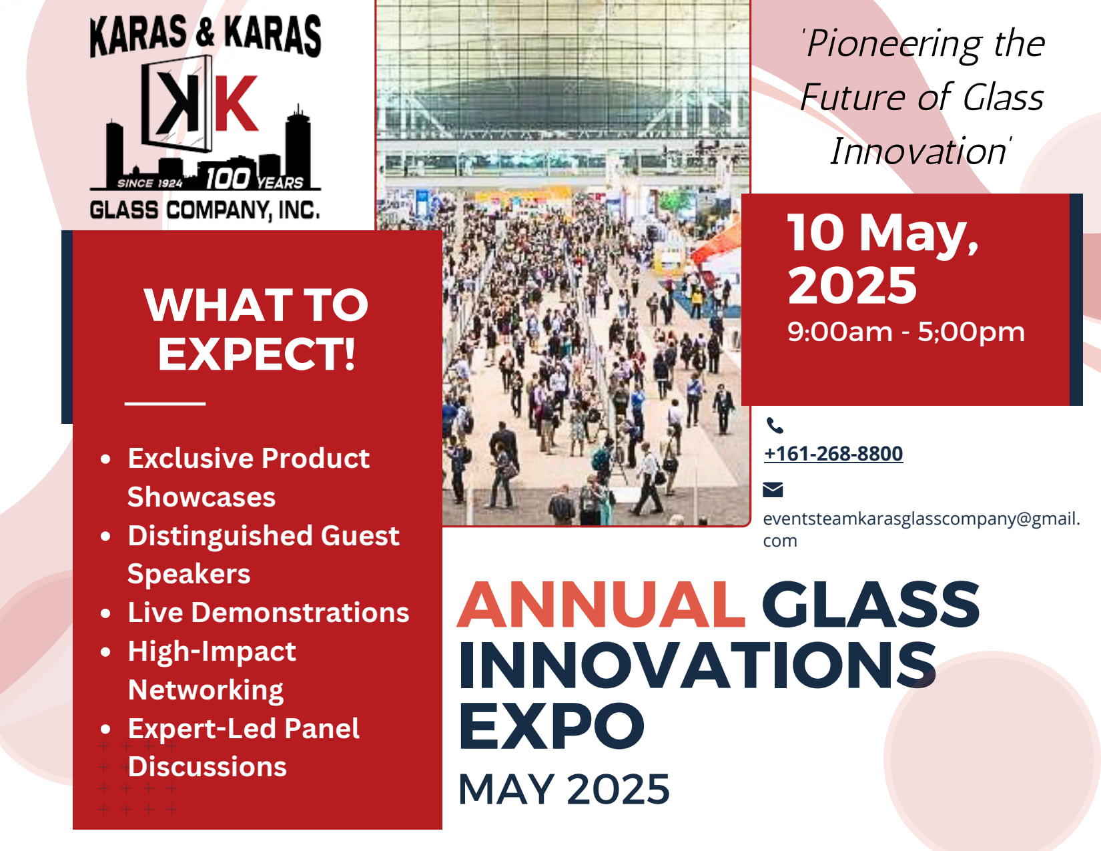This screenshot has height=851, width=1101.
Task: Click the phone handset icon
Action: [775, 425]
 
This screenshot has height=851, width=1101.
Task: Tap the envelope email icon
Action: [773, 490]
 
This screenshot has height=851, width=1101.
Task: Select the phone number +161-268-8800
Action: [833, 453]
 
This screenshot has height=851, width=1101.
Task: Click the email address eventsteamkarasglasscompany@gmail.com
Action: [922, 529]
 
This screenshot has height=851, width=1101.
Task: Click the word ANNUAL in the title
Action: [601, 605]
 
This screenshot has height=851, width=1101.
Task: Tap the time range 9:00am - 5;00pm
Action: [906, 332]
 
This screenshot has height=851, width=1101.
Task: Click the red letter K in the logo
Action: [236, 103]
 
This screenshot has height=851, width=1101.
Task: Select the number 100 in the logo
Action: [228, 178]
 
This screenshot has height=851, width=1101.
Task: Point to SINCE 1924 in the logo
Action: [150, 183]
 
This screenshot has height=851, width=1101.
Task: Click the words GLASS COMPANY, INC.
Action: [205, 210]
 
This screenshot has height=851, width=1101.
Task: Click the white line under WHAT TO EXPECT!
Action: [165, 403]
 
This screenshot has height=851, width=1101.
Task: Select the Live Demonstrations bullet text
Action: [268, 612]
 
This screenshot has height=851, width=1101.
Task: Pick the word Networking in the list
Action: [206, 690]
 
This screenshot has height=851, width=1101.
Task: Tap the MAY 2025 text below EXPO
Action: [564, 789]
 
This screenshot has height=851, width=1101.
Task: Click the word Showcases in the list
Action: [202, 497]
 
